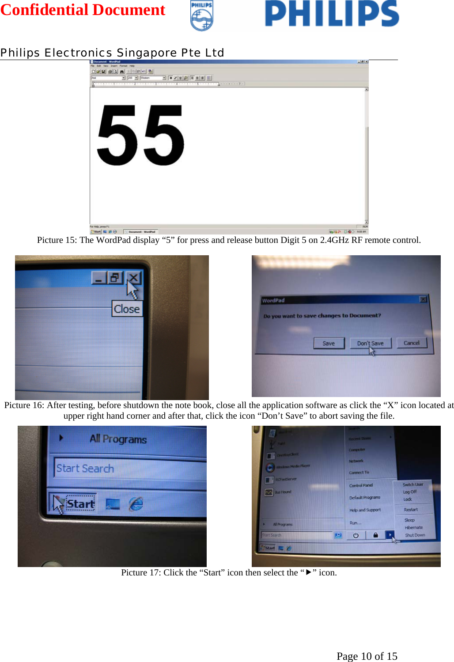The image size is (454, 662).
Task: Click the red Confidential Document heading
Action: pyautogui.click(x=83, y=10)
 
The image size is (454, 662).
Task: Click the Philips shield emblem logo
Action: pyautogui.click(x=201, y=16)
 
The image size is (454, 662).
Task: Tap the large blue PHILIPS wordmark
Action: pyautogui.click(x=332, y=14)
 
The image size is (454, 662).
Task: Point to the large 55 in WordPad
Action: pyautogui.click(x=140, y=135)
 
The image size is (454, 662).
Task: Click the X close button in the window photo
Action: pyautogui.click(x=133, y=278)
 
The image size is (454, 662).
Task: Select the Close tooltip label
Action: pyautogui.click(x=127, y=309)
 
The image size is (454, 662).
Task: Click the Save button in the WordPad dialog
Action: pyautogui.click(x=329, y=343)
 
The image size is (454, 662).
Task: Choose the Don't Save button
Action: pyautogui.click(x=370, y=343)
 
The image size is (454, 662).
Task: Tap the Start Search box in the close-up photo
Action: pyautogui.click(x=85, y=469)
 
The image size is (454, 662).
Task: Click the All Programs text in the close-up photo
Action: pyautogui.click(x=118, y=439)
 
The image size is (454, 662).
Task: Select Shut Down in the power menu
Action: pyautogui.click(x=415, y=535)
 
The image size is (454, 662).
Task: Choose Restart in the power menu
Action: pyautogui.click(x=411, y=510)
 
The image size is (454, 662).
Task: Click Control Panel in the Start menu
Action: pyautogui.click(x=361, y=485)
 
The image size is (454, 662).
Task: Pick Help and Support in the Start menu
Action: pyautogui.click(x=365, y=510)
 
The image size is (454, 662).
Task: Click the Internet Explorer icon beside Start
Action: pyautogui.click(x=136, y=503)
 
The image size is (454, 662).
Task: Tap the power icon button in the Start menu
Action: pyautogui.click(x=356, y=535)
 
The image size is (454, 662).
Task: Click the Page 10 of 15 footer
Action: pyautogui.click(x=367, y=656)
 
